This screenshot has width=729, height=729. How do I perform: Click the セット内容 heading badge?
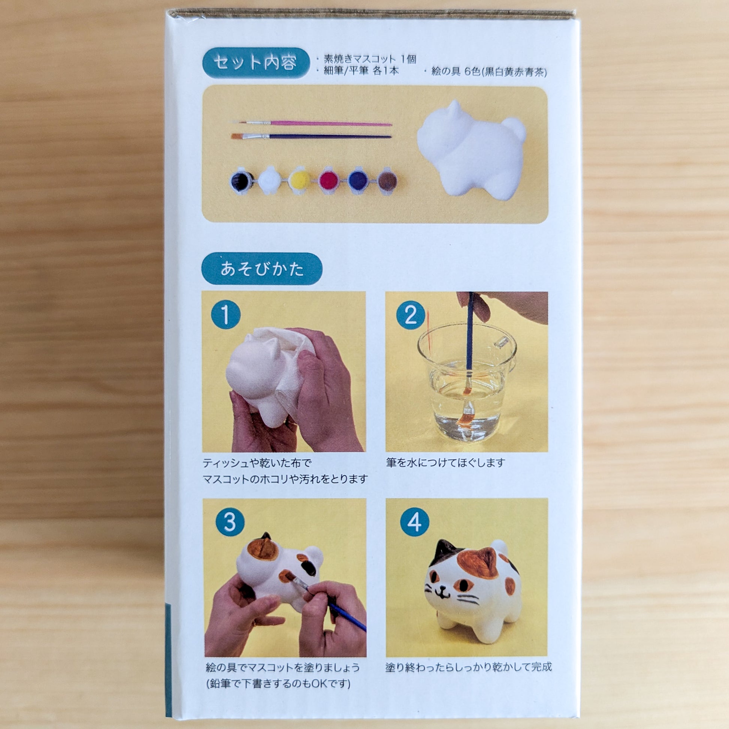click(256, 63)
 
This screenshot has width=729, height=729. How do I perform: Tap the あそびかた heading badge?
click(262, 269)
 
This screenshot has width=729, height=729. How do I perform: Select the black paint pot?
click(242, 181)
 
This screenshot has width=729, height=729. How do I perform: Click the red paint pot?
click(328, 181)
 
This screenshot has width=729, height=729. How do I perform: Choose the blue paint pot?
click(358, 181)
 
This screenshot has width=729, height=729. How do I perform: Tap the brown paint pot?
click(387, 181)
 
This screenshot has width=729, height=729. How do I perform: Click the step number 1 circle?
click(226, 315)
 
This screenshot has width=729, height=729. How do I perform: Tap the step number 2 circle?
click(410, 315)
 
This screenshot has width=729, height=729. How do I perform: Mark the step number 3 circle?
click(230, 523)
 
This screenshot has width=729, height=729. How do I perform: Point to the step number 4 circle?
click(414, 523)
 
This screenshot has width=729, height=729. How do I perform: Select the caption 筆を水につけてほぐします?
click(445, 463)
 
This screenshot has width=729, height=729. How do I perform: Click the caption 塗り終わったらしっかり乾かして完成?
click(468, 667)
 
